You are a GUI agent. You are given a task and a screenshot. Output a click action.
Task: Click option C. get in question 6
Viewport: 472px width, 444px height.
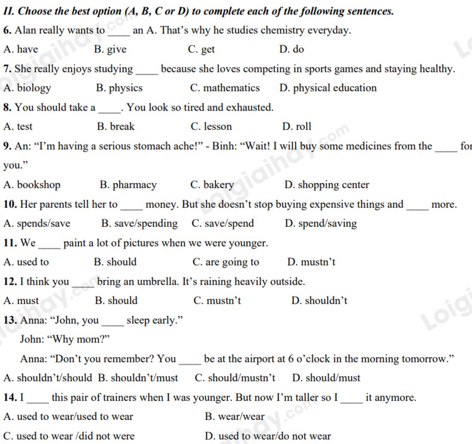201,50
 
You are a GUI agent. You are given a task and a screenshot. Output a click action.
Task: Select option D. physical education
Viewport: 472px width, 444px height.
328,88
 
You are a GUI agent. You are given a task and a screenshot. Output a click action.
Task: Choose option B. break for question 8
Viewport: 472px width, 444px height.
116,127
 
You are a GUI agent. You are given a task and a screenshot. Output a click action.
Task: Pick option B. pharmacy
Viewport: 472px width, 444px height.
128,185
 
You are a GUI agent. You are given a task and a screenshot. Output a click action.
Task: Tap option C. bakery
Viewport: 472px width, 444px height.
212,185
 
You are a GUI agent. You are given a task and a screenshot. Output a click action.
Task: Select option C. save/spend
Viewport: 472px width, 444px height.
223,224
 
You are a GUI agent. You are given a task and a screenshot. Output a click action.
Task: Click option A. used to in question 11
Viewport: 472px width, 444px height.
26,262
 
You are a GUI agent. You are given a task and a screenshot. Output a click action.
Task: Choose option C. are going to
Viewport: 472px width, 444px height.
226,262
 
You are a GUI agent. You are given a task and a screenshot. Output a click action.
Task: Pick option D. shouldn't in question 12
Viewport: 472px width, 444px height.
319,301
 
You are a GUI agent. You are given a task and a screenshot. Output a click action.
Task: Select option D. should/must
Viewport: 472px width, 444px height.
326,378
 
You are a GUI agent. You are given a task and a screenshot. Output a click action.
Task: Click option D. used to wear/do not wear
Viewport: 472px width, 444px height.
268,436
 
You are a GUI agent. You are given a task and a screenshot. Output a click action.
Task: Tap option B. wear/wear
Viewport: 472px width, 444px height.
235,417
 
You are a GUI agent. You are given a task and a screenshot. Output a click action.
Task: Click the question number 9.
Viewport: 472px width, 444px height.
7,147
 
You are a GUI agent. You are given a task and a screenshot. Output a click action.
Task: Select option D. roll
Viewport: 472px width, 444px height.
297,127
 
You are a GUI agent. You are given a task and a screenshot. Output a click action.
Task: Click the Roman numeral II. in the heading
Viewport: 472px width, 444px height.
9,11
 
